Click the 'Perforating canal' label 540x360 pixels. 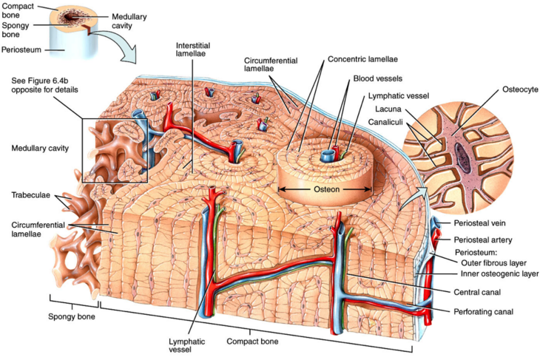(483, 311)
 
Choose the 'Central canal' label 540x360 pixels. (474, 293)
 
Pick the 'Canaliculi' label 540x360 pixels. (385, 121)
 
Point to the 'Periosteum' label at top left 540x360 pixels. (21, 50)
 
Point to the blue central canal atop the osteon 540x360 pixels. (326, 157)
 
